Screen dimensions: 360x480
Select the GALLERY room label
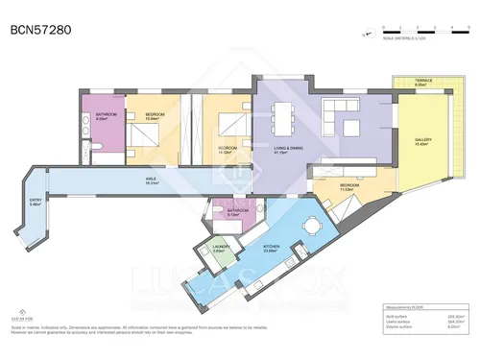pyautogui.click(x=423, y=140)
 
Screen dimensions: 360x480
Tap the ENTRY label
pyautogui.click(x=36, y=201)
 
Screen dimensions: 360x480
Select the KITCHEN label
pyautogui.click(x=273, y=247)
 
